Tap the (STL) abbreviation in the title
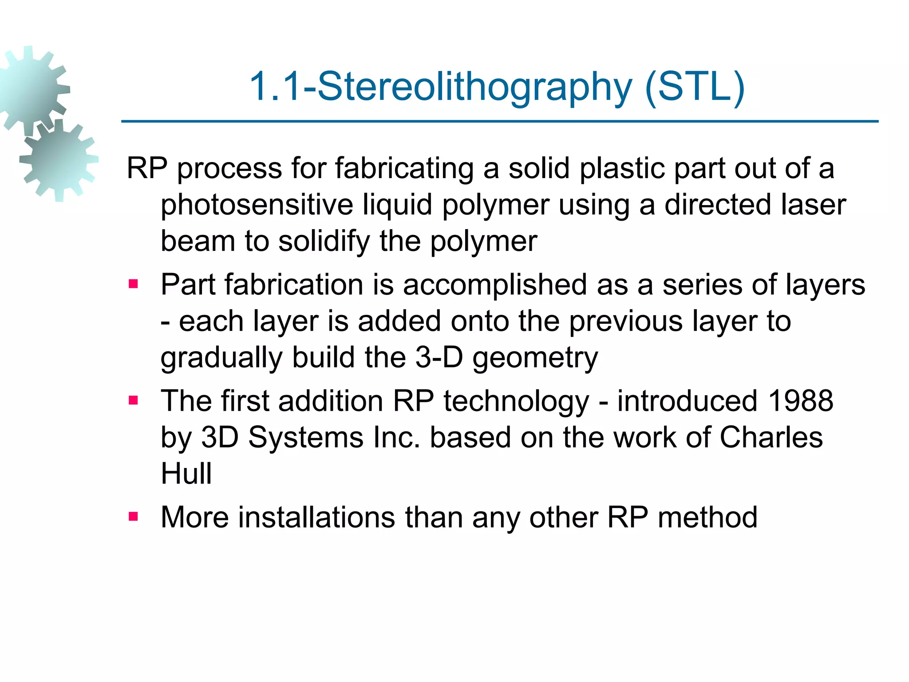(694, 87)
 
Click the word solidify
(324, 242)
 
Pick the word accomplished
(495, 285)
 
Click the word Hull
(186, 473)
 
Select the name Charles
(771, 437)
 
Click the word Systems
(306, 437)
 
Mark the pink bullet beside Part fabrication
(133, 284)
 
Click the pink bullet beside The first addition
(133, 400)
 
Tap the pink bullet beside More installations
(133, 516)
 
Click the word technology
(516, 401)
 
